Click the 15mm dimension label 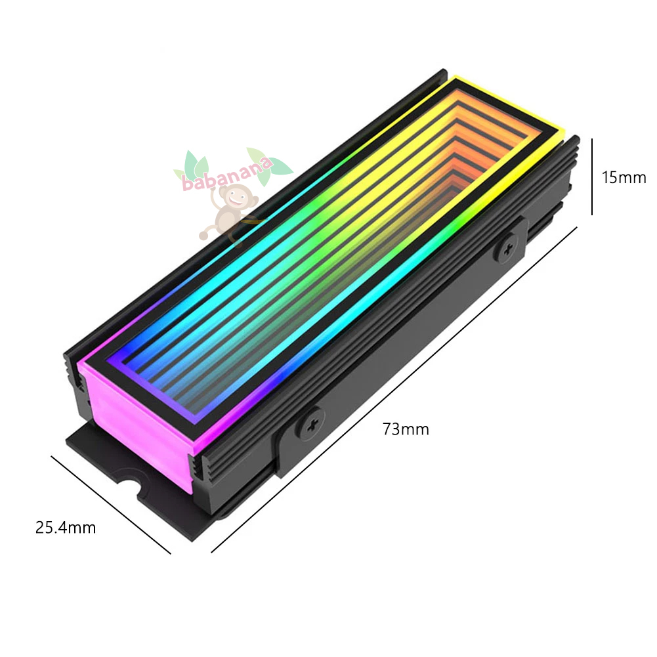coord(624,178)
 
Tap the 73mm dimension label coord(406,429)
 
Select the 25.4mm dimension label coord(66,528)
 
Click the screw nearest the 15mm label coord(508,249)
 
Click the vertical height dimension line coord(591,177)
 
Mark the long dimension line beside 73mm coord(394,390)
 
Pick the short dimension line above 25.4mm coord(111,505)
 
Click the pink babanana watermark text coord(227,175)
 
